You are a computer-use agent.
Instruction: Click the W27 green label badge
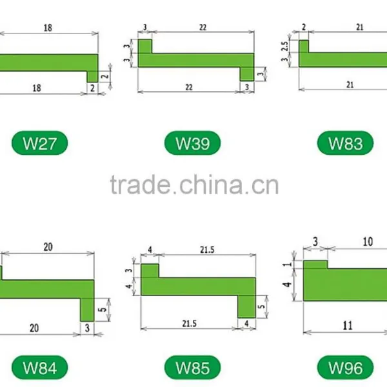[40, 143]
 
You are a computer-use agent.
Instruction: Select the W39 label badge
[192, 143]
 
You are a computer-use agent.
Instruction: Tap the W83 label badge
[345, 143]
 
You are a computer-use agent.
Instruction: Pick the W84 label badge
[40, 368]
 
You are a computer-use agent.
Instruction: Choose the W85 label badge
[192, 368]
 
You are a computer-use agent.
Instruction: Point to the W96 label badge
[345, 368]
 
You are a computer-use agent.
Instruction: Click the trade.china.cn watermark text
[195, 184]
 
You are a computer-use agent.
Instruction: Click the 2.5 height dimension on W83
[285, 46]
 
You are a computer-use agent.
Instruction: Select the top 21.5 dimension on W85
[207, 250]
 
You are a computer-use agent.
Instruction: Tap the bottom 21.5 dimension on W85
[189, 324]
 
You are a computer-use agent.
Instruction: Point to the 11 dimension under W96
[348, 326]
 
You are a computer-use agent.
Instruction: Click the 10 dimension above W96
[368, 242]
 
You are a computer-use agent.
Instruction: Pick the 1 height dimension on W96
[287, 264]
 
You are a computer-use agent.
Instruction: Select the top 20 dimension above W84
[48, 247]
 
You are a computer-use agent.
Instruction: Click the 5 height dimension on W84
[103, 310]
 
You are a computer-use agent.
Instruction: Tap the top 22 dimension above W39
[203, 27]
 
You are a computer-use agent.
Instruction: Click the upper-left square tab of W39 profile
[145, 46]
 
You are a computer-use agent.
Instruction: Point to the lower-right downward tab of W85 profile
[246, 306]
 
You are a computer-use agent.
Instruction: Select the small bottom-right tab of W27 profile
[92, 77]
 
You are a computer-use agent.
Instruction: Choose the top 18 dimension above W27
[48, 28]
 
